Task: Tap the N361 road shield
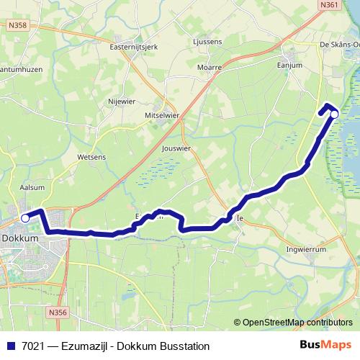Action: pos(330,5)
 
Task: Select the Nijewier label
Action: pos(122,102)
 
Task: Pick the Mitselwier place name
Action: pos(162,115)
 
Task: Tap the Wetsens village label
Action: pos(91,155)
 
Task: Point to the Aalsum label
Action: pos(31,186)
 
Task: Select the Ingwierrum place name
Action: pos(308,251)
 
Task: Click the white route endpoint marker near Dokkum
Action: pos(25,217)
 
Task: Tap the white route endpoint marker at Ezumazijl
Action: pos(334,114)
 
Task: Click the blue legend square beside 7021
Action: pos(11,346)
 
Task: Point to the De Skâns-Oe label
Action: pos(338,45)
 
